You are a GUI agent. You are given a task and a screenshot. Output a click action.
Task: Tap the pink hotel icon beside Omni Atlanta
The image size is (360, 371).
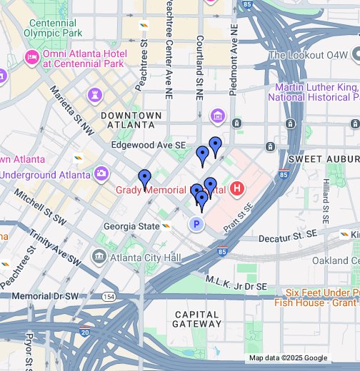31,57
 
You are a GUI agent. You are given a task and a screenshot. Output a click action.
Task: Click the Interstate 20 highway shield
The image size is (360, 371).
85,332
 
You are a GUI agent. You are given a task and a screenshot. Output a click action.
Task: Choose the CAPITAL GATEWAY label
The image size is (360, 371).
196,318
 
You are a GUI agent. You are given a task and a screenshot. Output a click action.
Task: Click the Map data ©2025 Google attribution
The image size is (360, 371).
288,358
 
